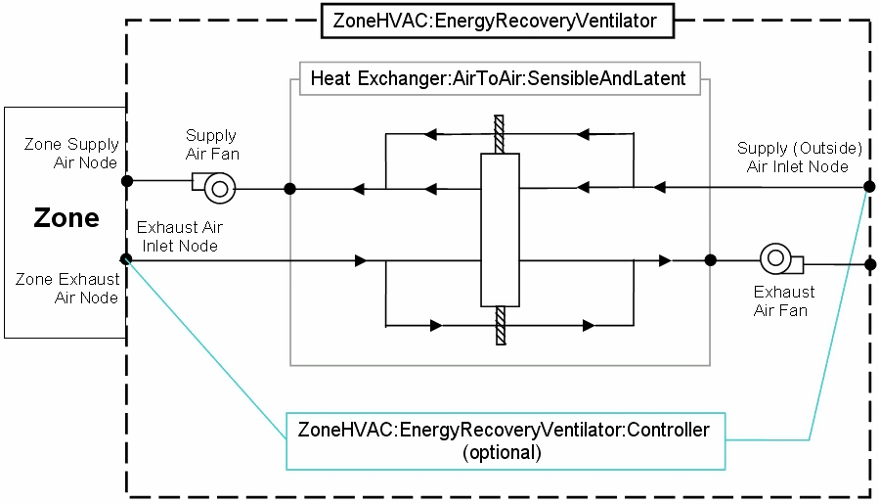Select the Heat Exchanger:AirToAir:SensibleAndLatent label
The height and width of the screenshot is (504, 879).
pos(498,78)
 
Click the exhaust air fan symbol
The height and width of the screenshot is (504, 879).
pos(780,260)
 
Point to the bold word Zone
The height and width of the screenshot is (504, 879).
pos(66,217)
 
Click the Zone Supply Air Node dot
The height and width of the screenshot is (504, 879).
pos(126,181)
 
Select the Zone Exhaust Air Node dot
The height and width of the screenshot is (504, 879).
pos(126,259)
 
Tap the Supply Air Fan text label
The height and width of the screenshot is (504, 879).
pos(211,145)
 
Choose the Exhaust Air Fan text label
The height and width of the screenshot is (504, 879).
pos(783,301)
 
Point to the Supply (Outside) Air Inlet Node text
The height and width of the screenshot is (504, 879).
pos(799,157)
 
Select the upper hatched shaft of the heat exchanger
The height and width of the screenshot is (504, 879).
pos(498,135)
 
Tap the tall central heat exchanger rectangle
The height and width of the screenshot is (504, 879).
pos(499,228)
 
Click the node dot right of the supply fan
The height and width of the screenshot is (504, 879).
pos(289,188)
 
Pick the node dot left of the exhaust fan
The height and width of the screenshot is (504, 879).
pos(710,260)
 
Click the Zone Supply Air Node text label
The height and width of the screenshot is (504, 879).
pos(71,154)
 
